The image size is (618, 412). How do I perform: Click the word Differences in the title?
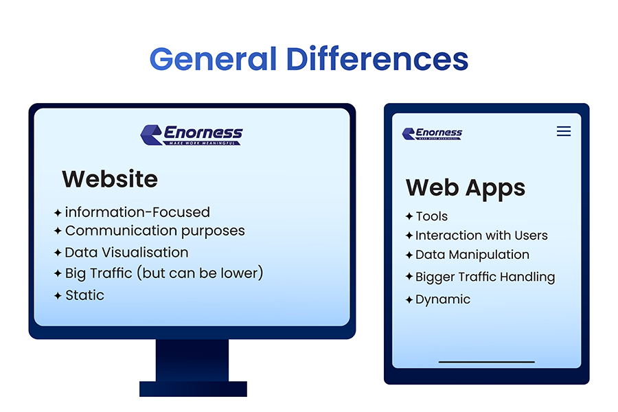[x=377, y=59]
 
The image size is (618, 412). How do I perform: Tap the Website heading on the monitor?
[x=110, y=179]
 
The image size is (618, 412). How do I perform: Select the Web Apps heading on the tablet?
[x=465, y=187]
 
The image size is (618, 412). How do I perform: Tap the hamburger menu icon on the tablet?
[x=564, y=131]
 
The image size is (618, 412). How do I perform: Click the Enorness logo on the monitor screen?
[x=192, y=135]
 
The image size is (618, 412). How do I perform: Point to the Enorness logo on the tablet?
[x=432, y=133]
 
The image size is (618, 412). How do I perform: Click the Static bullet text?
[x=84, y=295]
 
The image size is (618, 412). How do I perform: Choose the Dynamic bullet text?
[x=443, y=299]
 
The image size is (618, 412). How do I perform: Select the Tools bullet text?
[x=431, y=216]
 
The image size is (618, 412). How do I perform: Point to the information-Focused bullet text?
[x=137, y=212]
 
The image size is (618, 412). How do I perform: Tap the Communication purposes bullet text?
[x=154, y=231]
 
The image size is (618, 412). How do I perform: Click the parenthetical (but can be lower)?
[x=200, y=273]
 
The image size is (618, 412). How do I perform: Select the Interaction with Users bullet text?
[x=481, y=236]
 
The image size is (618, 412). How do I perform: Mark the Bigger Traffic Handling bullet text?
[x=485, y=277]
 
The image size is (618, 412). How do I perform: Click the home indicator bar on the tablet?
[x=486, y=361]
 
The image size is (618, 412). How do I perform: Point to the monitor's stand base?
[x=193, y=389]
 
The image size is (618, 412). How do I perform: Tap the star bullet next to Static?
[x=58, y=296]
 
